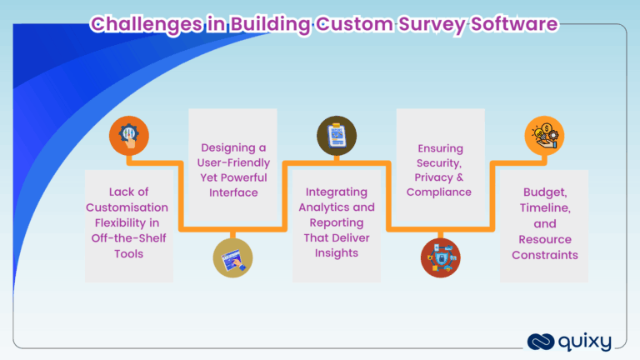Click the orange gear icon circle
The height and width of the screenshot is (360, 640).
point(129,134)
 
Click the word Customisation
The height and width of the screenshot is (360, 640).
point(129,207)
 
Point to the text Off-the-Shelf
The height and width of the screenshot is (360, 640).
point(129,237)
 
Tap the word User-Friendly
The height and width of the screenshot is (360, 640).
point(232,162)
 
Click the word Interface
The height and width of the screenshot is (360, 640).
point(232,192)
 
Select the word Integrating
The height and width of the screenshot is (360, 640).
point(337,192)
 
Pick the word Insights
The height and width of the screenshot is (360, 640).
point(337,252)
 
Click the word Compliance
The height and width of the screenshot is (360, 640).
point(439,192)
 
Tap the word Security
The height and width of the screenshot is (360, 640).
point(439,162)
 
